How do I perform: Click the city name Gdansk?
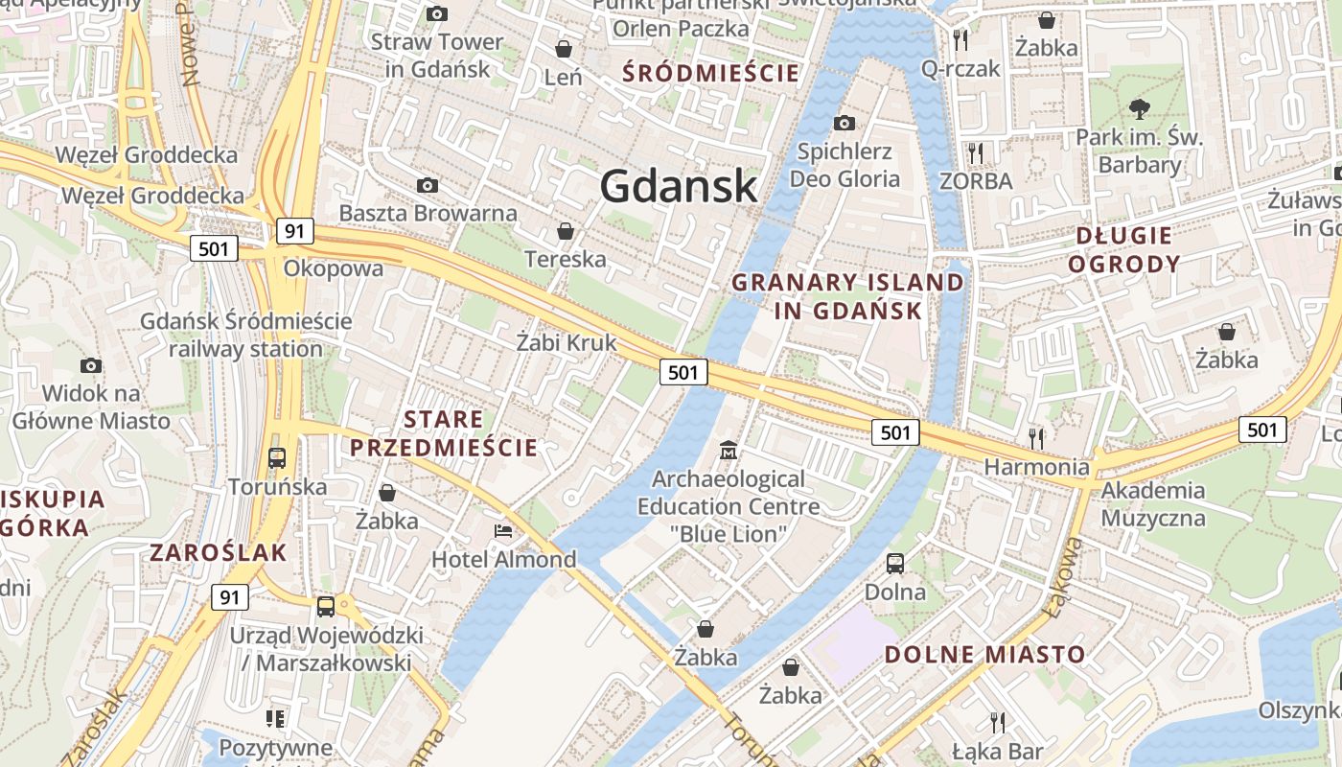679,186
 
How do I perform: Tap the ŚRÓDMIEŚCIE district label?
710,73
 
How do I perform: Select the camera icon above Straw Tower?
437,13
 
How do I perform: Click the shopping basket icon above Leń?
564,48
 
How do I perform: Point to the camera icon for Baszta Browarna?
428,185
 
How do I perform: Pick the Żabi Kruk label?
566,342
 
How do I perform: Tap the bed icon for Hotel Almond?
503,530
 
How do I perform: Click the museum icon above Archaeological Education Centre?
729,450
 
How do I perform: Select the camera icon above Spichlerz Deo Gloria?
844,123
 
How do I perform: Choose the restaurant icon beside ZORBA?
976,152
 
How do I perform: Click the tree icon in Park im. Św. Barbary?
1139,108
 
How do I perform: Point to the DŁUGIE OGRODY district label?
1123,249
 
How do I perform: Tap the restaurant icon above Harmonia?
1036,438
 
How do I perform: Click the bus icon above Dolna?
895,563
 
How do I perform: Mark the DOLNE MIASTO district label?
984,655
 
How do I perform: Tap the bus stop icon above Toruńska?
277,457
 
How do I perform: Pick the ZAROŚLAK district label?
219,552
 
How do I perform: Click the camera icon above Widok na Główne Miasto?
91,365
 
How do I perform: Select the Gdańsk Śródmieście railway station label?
246,335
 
